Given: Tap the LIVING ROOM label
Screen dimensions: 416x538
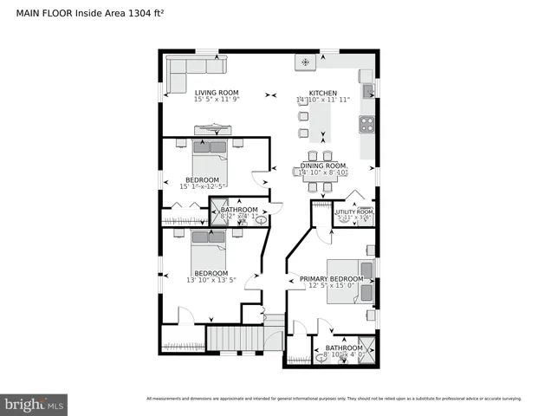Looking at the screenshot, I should (216, 93).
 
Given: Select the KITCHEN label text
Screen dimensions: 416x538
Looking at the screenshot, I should (323, 93).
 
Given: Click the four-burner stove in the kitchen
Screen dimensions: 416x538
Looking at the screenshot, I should (366, 123).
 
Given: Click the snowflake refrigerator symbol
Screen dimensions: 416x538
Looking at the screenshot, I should (305, 62).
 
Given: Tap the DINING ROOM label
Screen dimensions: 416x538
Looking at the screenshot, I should (323, 165).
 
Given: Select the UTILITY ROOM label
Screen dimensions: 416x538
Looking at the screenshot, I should (353, 211).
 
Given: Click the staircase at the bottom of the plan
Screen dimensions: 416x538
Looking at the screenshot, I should (233, 337).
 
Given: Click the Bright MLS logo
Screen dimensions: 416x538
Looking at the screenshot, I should (35, 404).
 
